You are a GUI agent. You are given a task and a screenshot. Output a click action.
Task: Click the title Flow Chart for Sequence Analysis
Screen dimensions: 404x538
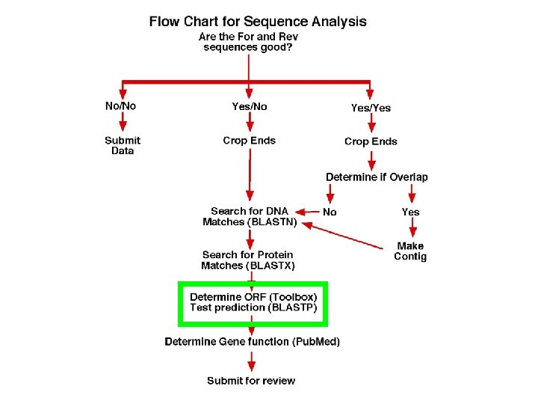click(x=258, y=21)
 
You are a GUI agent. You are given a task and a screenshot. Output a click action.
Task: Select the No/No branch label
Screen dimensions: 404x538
click(x=120, y=106)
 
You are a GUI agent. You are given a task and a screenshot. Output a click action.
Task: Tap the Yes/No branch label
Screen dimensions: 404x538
click(x=249, y=106)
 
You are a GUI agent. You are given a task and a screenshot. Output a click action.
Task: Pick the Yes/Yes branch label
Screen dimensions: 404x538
click(x=371, y=108)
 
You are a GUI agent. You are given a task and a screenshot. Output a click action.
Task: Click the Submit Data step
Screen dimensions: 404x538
click(x=123, y=145)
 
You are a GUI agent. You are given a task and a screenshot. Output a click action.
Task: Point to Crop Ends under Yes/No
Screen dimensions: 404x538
click(x=249, y=141)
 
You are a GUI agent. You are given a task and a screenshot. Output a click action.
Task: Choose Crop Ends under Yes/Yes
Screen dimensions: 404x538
click(x=371, y=141)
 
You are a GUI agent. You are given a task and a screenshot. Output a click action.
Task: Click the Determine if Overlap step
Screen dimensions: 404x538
click(x=377, y=177)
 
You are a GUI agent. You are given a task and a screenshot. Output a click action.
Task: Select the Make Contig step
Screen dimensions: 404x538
click(x=410, y=251)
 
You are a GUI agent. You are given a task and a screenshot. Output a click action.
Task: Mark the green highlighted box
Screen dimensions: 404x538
click(x=253, y=304)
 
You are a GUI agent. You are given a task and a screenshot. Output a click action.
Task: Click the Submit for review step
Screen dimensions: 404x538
click(x=251, y=381)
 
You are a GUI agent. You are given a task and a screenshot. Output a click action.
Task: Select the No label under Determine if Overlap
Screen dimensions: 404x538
click(x=330, y=212)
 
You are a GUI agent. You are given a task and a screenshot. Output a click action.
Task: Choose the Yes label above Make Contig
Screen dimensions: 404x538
click(x=410, y=212)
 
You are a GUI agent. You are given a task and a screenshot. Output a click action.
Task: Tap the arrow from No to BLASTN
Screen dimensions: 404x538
click(x=308, y=212)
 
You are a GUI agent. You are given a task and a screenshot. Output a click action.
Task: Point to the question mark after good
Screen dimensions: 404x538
click(x=289, y=47)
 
